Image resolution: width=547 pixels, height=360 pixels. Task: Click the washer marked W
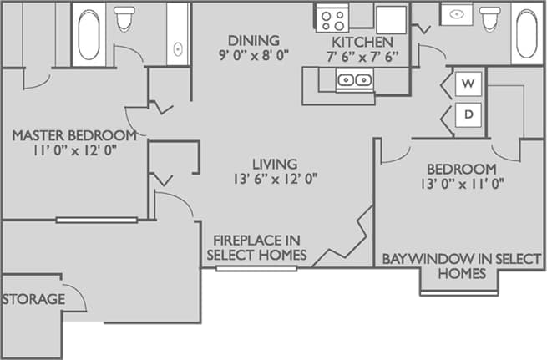(x=468, y=84)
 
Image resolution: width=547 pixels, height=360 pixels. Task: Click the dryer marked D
(x=468, y=114)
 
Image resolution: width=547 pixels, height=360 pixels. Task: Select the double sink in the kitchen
(x=354, y=80)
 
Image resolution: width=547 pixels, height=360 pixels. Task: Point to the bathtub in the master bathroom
(x=89, y=34)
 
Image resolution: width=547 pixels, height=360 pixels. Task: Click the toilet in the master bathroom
(x=125, y=18)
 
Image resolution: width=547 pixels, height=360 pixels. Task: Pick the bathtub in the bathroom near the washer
(x=525, y=33)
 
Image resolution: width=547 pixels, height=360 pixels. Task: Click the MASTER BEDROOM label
(x=73, y=135)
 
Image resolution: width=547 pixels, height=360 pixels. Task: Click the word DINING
(x=254, y=40)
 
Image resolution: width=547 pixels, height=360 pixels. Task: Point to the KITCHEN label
(x=362, y=41)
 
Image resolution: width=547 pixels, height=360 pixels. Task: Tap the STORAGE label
(x=33, y=299)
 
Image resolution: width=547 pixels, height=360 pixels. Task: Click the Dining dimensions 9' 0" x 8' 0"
(x=254, y=57)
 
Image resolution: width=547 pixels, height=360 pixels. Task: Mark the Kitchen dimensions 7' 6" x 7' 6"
(x=362, y=57)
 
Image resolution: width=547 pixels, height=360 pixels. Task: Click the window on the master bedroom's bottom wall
(x=97, y=220)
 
